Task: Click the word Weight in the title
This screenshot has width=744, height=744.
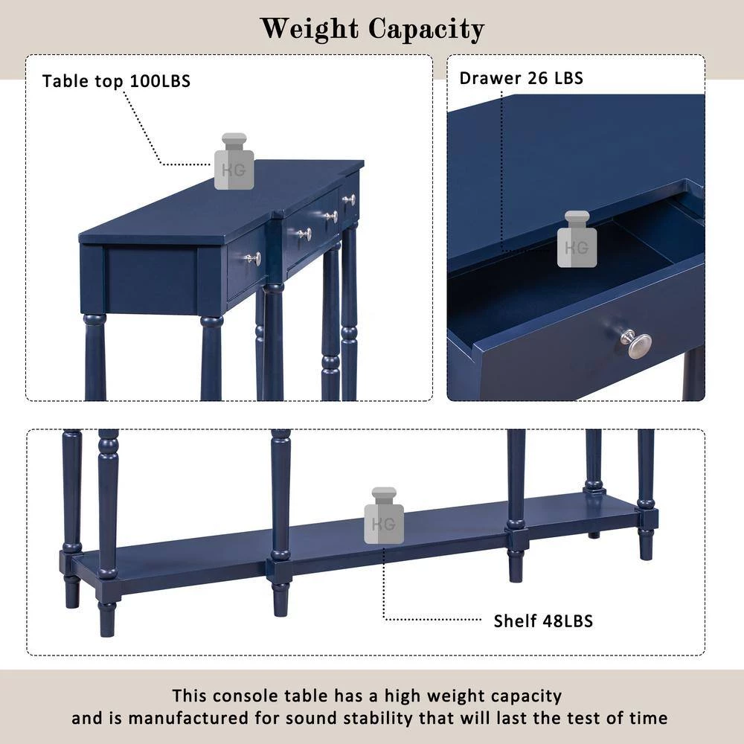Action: [310, 30]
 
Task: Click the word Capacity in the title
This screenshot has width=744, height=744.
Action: [426, 30]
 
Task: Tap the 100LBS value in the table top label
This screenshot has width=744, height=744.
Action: [160, 81]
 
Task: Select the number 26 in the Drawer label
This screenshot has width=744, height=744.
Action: [538, 78]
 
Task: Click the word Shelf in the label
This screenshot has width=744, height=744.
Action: [516, 621]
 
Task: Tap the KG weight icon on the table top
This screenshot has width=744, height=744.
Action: [234, 161]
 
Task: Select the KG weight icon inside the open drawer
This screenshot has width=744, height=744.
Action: [577, 239]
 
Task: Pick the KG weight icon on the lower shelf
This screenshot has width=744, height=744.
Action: [384, 516]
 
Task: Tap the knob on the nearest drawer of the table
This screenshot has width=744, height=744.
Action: [254, 259]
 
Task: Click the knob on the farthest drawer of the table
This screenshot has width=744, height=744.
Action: [350, 199]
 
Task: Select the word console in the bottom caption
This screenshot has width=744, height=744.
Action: [246, 696]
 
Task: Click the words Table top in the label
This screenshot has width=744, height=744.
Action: [83, 81]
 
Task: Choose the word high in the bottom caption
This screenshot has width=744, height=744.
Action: [403, 696]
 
